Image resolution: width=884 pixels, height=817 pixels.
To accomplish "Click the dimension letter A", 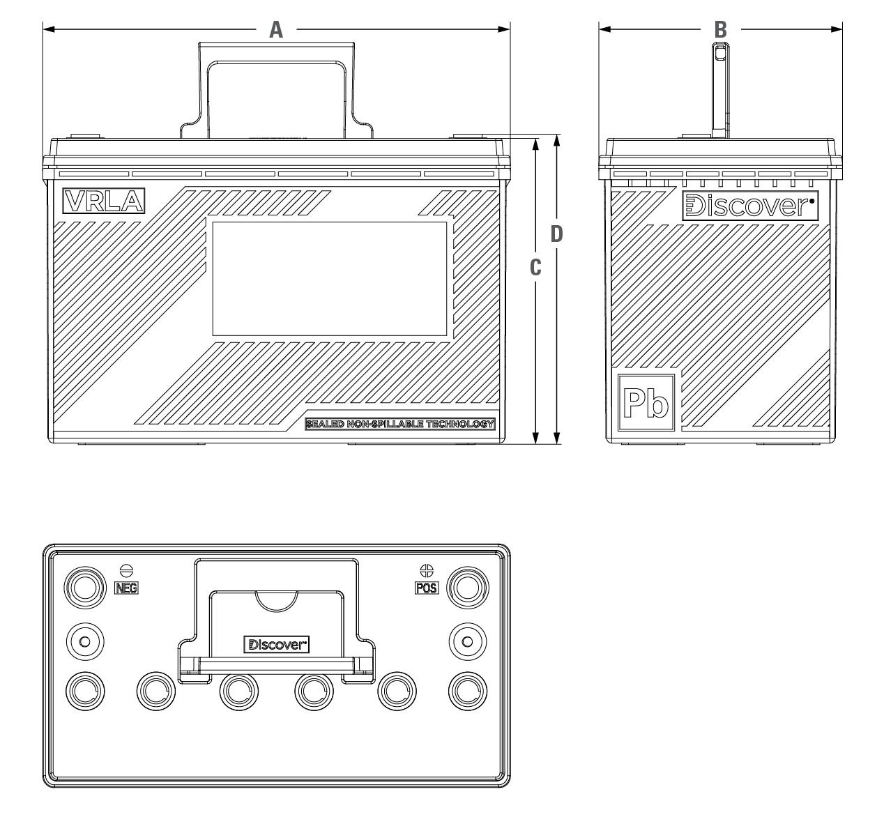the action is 276,30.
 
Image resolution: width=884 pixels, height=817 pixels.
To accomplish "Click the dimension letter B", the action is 721,30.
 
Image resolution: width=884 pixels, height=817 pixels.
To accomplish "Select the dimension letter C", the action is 535,267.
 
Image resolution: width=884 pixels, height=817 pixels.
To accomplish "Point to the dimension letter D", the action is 557,234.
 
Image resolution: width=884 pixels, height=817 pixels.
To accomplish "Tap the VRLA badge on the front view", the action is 104,201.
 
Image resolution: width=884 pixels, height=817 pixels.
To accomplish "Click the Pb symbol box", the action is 646,402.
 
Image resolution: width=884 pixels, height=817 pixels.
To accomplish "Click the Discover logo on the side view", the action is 750,206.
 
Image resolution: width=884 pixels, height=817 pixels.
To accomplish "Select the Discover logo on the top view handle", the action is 276,644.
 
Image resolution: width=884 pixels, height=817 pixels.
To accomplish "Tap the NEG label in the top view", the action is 126,588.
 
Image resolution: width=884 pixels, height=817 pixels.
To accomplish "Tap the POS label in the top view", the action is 427,588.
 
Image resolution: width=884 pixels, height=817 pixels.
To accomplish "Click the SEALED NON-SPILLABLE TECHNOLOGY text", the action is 400,424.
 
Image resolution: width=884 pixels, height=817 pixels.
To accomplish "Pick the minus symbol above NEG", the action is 127,571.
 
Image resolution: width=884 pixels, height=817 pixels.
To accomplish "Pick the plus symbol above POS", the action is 427,571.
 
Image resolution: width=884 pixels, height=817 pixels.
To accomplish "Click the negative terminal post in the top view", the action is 85,588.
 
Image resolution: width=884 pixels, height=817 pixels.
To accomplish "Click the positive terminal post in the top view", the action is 467,588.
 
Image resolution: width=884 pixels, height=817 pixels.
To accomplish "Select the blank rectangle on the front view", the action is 329,279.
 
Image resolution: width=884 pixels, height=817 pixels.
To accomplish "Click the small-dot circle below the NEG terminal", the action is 85,641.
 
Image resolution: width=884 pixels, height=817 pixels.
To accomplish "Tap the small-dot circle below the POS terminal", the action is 467,641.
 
